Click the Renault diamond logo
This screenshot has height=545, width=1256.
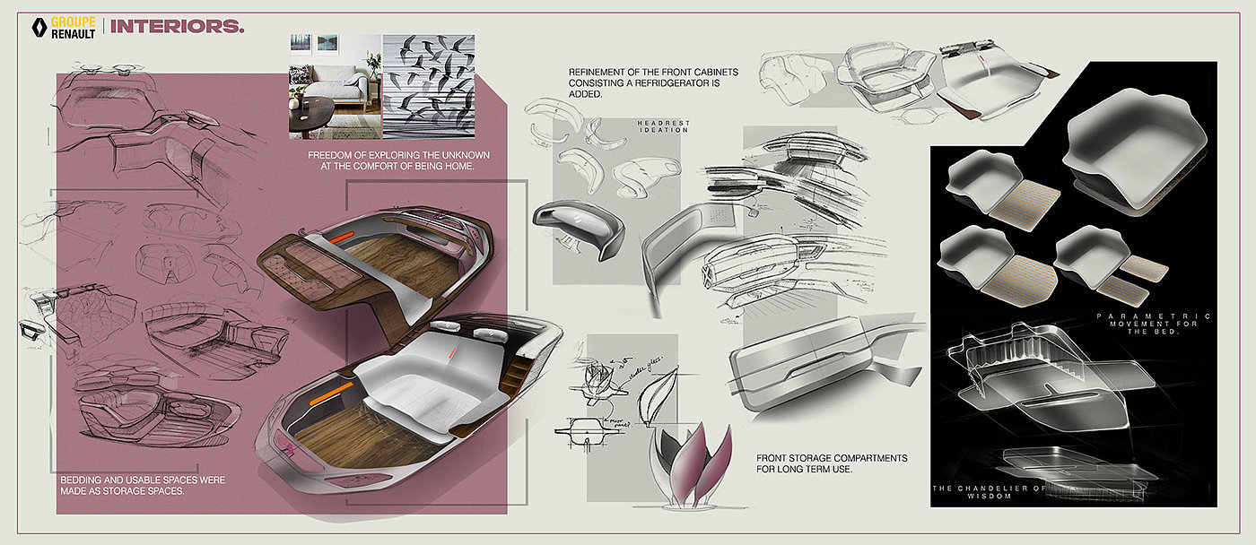39,26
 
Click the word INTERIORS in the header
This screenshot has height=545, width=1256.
177,26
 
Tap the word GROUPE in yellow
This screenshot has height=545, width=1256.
74,20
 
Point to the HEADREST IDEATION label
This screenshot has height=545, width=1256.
663,126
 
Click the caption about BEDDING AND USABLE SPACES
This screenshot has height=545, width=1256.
142,486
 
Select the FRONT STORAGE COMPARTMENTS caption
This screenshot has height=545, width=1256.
832,463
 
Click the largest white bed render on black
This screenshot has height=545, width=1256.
1133,157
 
